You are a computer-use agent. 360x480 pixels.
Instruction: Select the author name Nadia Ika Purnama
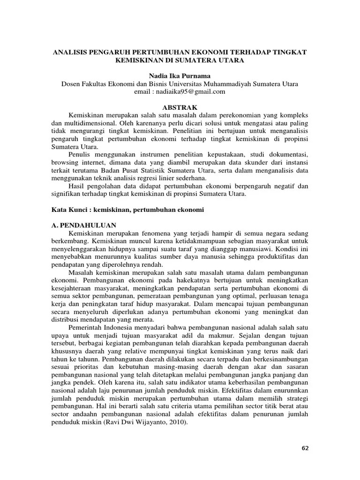point(180,75)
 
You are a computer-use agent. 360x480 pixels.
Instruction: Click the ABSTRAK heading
point(180,107)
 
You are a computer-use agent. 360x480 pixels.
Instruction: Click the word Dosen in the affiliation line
point(72,84)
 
